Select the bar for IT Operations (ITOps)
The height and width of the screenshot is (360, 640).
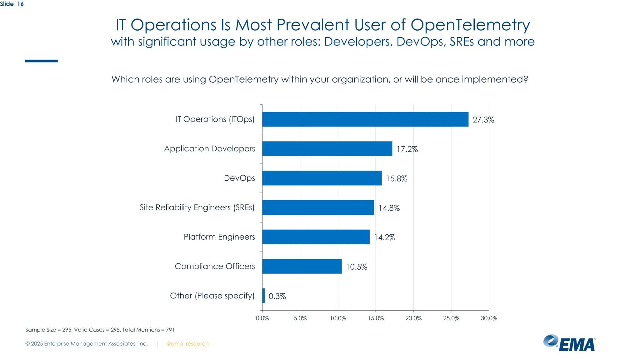365,119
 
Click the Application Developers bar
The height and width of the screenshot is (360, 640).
327,149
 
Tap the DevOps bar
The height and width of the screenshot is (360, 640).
322,178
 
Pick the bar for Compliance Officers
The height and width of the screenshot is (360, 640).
302,266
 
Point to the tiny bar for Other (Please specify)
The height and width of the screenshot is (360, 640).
264,296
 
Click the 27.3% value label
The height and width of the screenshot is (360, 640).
483,120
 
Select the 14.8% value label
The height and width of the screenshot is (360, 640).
389,208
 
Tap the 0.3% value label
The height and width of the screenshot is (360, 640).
277,296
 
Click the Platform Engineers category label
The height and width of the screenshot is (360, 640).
219,237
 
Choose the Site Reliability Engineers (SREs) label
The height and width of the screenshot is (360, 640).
197,207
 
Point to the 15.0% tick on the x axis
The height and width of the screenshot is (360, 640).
376,318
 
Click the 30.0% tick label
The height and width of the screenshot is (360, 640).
489,318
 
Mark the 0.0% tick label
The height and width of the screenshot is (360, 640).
262,318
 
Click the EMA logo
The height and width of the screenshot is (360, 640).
569,343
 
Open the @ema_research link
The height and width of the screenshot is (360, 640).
187,344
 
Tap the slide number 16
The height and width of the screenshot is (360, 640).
20,4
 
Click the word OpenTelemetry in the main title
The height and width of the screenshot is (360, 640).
470,25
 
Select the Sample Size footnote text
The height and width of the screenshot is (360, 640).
100,330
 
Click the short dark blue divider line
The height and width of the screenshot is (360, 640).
41,61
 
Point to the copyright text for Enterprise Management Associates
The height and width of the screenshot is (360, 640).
87,344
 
